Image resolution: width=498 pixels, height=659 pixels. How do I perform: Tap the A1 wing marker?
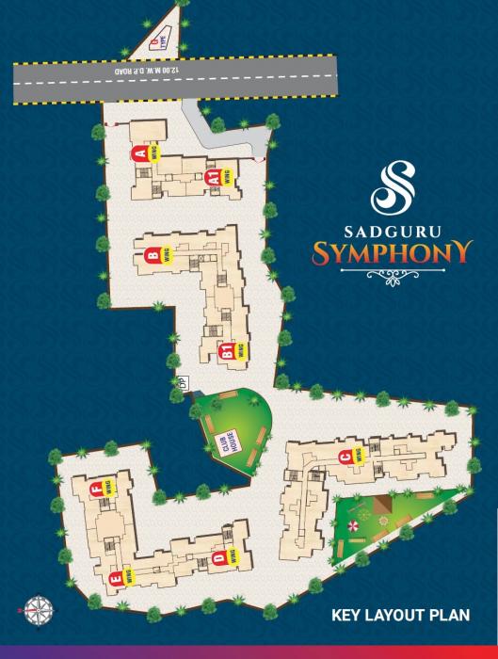pos(215,177)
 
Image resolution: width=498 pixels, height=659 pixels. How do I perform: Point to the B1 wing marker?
pos(226,352)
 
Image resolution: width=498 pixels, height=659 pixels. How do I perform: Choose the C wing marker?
pos(345,458)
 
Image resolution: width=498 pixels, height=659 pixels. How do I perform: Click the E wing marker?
pos(116,578)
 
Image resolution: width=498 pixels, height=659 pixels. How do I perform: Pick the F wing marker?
pos(96,489)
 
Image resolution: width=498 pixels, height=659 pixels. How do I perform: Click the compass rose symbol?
pos(39,606)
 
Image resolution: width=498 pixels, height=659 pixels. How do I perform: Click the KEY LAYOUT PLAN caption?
pos(401,617)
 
